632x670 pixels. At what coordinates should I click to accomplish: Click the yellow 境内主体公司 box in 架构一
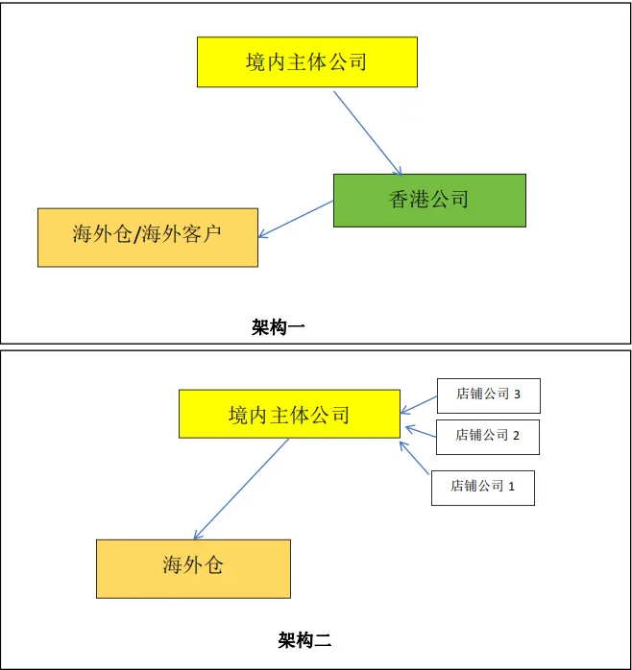(x=306, y=62)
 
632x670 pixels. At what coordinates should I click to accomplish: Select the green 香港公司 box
(x=429, y=200)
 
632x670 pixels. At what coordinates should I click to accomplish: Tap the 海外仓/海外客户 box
(x=148, y=237)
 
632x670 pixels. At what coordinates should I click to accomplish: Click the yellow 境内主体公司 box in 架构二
(x=289, y=414)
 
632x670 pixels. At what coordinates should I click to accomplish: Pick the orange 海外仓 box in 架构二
(x=193, y=568)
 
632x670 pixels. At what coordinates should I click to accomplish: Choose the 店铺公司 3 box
(x=488, y=395)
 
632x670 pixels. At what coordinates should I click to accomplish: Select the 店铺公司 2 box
(x=487, y=436)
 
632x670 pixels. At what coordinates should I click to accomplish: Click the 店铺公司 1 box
(x=482, y=487)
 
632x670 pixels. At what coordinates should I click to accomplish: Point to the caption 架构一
(x=279, y=326)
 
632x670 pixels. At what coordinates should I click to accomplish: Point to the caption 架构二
(x=304, y=639)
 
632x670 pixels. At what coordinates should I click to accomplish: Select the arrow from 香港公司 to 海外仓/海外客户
(x=296, y=219)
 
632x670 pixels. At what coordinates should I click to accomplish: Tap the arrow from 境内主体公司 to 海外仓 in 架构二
(x=241, y=489)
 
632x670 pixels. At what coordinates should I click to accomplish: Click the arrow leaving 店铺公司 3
(x=420, y=401)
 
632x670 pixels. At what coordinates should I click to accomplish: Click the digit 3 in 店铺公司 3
(x=518, y=395)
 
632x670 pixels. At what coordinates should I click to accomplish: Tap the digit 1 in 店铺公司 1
(x=511, y=487)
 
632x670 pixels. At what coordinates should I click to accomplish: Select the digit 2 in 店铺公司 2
(x=516, y=436)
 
